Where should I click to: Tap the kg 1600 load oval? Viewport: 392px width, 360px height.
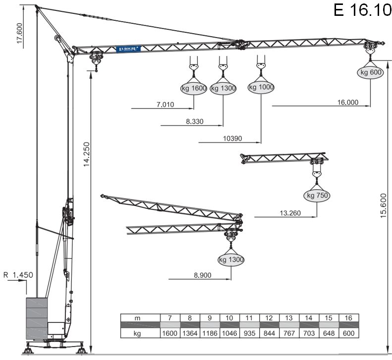point(193,88)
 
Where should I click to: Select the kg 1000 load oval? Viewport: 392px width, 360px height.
point(261,87)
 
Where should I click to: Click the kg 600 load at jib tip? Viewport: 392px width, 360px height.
point(370,72)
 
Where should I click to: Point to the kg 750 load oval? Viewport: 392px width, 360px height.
point(318,196)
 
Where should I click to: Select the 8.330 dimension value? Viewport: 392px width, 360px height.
point(195,121)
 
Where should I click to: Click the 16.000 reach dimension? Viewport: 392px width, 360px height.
point(347,103)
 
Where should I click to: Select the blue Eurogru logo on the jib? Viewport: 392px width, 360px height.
point(129,49)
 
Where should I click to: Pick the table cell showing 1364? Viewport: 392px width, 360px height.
point(190,333)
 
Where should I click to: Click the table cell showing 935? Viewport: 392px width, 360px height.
point(249,333)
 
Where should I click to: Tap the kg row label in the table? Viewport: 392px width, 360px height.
point(140,333)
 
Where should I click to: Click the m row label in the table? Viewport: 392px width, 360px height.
point(140,317)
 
